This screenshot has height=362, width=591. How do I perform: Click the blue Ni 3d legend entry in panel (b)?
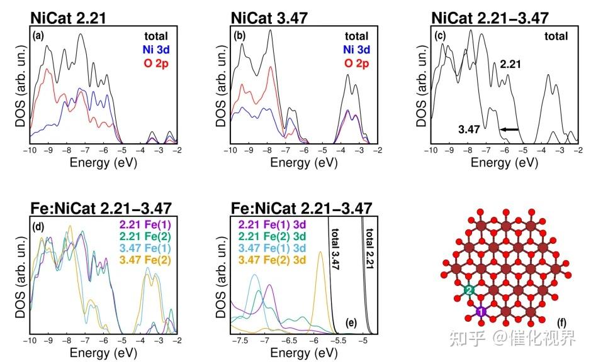(356, 50)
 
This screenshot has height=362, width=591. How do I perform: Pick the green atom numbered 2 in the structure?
(469, 290)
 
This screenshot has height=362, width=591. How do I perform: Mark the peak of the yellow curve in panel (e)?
(321, 253)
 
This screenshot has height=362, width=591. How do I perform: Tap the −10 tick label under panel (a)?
(29, 150)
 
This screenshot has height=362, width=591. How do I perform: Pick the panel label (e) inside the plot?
(352, 324)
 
